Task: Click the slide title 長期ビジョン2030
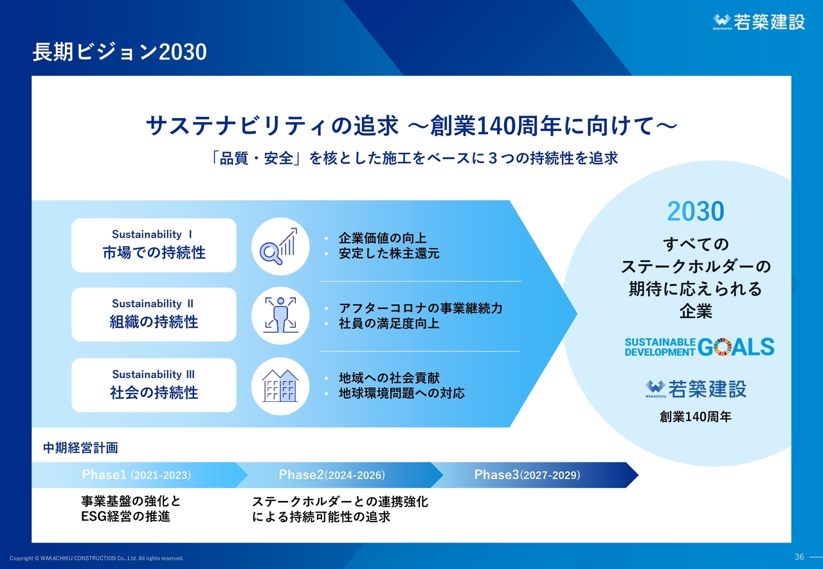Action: pyautogui.click(x=120, y=52)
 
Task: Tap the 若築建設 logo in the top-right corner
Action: pyautogui.click(x=759, y=22)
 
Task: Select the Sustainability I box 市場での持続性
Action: pyautogui.click(x=154, y=245)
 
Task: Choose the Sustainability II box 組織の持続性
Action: pyautogui.click(x=154, y=315)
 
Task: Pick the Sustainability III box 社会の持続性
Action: pyautogui.click(x=154, y=385)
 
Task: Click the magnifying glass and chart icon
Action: pyautogui.click(x=280, y=247)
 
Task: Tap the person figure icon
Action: pyautogui.click(x=280, y=316)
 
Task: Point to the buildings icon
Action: pyautogui.click(x=280, y=386)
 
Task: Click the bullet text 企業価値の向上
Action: pyautogui.click(x=383, y=238)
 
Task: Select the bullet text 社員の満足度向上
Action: pyautogui.click(x=389, y=324)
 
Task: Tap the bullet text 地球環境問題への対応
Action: pyautogui.click(x=402, y=393)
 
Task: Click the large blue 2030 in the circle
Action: pyautogui.click(x=696, y=211)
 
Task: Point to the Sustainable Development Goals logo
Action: pyautogui.click(x=700, y=347)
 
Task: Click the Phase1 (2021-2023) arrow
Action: pyautogui.click(x=140, y=475)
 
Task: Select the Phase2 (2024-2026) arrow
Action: pyautogui.click(x=339, y=475)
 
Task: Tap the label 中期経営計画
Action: pyautogui.click(x=80, y=448)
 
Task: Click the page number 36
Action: pyautogui.click(x=799, y=557)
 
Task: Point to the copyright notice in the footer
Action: pyautogui.click(x=96, y=558)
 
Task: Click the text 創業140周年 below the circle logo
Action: pyautogui.click(x=696, y=417)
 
